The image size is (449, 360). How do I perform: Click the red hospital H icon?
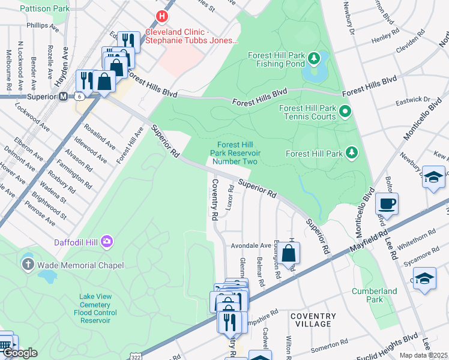pos(161,16)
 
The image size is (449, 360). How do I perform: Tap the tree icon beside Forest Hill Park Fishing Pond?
pos(313,58)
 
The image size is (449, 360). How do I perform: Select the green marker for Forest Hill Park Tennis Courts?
pos(345,111)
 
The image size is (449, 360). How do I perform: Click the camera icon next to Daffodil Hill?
pos(107,241)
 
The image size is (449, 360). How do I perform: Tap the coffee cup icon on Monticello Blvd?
pos(387,203)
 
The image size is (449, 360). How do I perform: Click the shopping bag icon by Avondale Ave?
pos(288,253)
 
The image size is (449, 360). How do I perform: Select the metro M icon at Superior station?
pos(63,96)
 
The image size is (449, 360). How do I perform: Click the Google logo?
pos(19,353)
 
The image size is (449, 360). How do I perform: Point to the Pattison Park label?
pos(44,9)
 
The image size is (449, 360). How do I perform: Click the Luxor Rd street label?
pos(231,197)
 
